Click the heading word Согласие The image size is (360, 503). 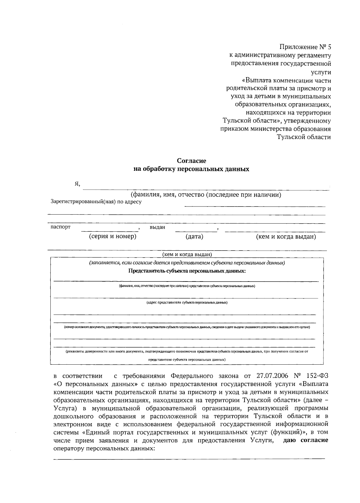click(x=191, y=161)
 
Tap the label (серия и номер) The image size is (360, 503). click(x=113, y=236)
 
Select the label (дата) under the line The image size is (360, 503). click(x=194, y=237)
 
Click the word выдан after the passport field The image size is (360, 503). click(x=157, y=227)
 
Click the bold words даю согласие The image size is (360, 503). click(x=306, y=440)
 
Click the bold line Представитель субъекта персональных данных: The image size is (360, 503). click(x=187, y=271)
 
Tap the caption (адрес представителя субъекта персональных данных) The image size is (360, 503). click(x=187, y=303)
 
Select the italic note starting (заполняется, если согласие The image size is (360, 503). click(x=187, y=263)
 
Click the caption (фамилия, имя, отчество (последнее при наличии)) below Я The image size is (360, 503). click(x=206, y=195)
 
